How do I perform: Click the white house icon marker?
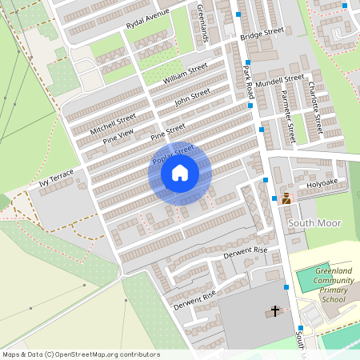pyautogui.click(x=180, y=173)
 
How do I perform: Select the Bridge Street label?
pyautogui.click(x=263, y=33)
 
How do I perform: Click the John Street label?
pyautogui.click(x=192, y=96)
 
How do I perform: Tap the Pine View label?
pyautogui.click(x=118, y=135)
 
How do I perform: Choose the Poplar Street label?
pyautogui.click(x=173, y=154)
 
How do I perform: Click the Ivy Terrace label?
pyautogui.click(x=56, y=178)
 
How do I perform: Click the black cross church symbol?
pyautogui.click(x=275, y=310)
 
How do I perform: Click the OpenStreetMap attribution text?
pyautogui.click(x=80, y=354)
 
